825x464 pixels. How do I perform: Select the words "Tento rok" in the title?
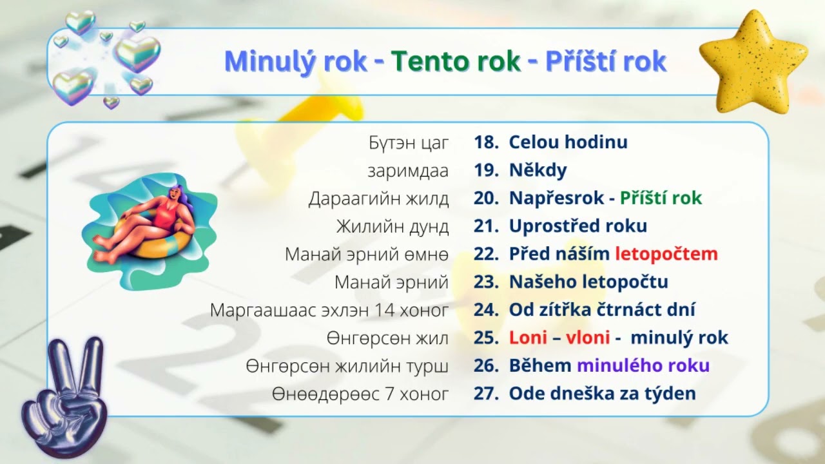(x=456, y=62)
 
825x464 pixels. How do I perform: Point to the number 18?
(x=484, y=142)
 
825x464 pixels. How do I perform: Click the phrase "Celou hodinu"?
(x=568, y=142)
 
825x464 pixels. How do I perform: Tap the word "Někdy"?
(x=538, y=171)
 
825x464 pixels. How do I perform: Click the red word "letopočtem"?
(x=666, y=254)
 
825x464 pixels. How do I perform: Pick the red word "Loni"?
(x=528, y=338)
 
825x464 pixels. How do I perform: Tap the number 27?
(x=484, y=393)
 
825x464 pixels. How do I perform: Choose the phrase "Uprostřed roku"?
(x=577, y=226)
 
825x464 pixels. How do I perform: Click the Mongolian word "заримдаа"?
(x=408, y=171)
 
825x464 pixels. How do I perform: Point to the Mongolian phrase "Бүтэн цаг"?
(x=409, y=142)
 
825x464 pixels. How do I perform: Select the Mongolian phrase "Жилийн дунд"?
(x=392, y=226)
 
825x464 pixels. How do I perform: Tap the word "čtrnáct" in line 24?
(x=623, y=310)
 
